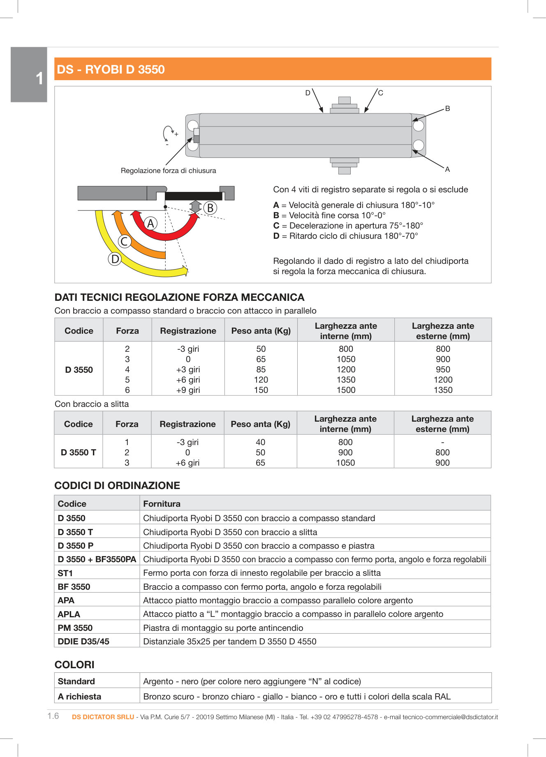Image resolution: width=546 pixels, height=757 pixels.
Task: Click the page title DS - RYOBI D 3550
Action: (111, 69)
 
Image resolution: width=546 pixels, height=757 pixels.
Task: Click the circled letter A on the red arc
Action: (150, 224)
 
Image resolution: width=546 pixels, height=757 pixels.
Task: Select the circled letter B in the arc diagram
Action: (210, 208)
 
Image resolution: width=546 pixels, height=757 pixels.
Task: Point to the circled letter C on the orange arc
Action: (124, 241)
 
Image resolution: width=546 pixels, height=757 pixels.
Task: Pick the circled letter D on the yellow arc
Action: (115, 259)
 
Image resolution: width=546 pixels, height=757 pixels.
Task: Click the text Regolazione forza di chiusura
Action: (168, 171)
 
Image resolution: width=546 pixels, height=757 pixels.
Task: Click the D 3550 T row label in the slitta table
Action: (78, 452)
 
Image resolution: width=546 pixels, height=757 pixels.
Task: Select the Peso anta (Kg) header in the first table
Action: (261, 331)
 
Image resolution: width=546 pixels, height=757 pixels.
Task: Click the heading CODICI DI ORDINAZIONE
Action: (117, 485)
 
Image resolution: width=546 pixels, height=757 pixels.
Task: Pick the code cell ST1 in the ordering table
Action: (65, 573)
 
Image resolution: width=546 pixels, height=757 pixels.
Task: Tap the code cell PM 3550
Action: (75, 628)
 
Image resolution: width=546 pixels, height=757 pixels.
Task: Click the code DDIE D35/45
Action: (83, 642)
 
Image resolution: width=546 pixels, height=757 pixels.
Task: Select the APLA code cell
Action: (69, 614)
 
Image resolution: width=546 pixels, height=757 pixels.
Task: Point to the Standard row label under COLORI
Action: (76, 681)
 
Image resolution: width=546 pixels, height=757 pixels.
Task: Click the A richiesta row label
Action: (79, 697)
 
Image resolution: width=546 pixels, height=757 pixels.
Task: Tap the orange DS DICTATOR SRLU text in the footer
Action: (103, 717)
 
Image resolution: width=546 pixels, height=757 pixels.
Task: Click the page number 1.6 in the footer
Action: (53, 716)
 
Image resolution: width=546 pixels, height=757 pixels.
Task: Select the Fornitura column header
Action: (162, 504)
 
